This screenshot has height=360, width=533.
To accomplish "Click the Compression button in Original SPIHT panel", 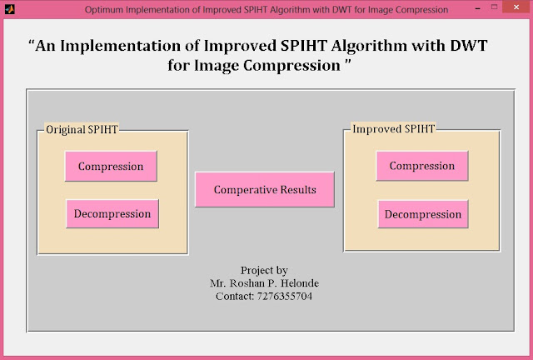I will tap(111, 166).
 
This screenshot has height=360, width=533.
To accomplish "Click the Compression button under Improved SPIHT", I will tap(421, 166).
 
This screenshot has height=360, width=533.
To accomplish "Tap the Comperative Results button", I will tap(265, 189).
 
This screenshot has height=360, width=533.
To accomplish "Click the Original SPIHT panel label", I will tap(81, 130).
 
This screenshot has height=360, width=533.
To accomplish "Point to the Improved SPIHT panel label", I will tap(393, 129).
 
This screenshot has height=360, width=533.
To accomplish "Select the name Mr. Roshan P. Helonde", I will tap(264, 283).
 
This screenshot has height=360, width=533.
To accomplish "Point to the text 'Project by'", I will tap(264, 271).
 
